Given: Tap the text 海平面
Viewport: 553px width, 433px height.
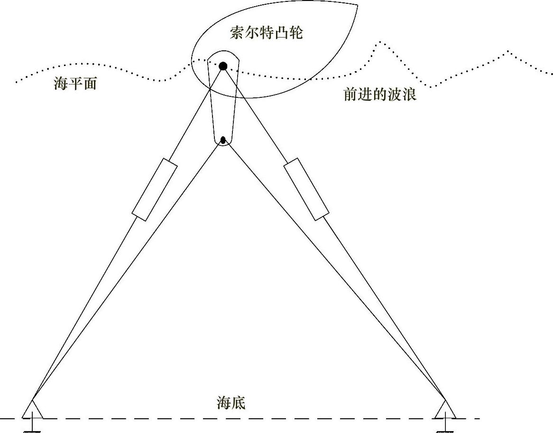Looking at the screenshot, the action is point(75,84).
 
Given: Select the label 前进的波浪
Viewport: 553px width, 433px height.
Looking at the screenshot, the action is point(380,94).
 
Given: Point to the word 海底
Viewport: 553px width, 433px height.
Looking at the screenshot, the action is point(231,403).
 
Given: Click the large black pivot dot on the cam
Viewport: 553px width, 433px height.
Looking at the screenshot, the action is point(223,66).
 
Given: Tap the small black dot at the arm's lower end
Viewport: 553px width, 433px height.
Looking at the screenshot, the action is point(223,140).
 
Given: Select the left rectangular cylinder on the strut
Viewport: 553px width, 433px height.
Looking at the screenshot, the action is point(155,189).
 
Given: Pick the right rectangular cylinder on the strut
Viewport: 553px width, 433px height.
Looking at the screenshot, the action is point(306,189).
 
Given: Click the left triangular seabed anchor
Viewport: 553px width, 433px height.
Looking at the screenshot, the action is point(32,410).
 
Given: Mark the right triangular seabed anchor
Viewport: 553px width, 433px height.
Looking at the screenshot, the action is point(445,410).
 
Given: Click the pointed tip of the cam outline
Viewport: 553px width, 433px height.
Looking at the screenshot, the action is point(357,6).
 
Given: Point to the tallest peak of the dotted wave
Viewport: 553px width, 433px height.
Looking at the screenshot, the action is point(379,43).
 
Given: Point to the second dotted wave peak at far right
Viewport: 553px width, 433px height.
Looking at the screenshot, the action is point(509,51).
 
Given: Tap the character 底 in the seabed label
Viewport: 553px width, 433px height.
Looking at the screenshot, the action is point(239,403).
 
